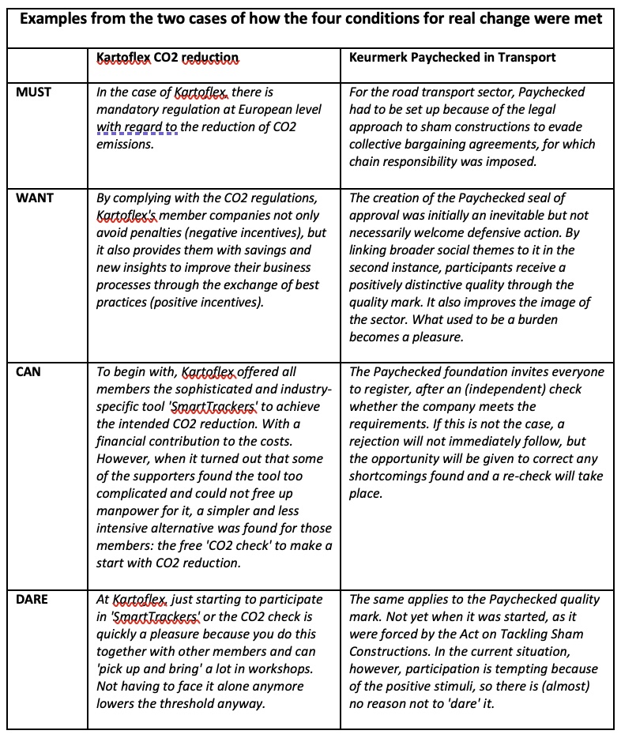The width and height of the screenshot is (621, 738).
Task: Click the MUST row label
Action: [x=33, y=92]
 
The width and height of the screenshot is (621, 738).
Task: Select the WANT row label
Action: [x=34, y=198]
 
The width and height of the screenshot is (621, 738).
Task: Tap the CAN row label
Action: [x=28, y=371]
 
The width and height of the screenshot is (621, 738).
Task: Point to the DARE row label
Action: [x=32, y=599]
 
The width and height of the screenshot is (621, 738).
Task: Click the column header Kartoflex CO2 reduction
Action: [x=167, y=58]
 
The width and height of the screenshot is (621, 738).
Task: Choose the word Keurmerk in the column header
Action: [x=378, y=57]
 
